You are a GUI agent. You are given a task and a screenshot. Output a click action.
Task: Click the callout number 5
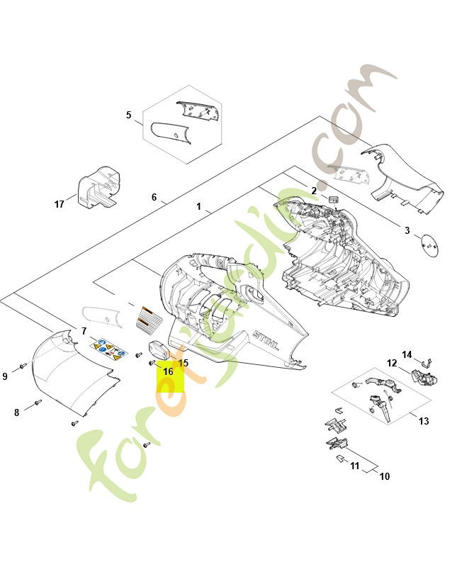pos(129,115)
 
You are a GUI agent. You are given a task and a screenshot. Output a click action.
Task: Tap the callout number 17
pos(60,204)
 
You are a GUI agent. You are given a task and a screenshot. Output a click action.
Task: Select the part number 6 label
pos(154,197)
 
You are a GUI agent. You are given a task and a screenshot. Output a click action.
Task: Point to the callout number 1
pos(199,206)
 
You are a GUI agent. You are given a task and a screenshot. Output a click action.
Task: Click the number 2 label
pos(314,191)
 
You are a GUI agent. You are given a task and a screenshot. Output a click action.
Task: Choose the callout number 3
pos(407,230)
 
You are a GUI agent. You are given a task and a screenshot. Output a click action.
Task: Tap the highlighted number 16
pos(168,371)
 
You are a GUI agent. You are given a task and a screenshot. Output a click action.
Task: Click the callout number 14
pos(407,354)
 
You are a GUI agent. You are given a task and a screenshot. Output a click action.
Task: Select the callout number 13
pos(424,421)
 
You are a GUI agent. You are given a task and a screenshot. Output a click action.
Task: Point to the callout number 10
pos(385,476)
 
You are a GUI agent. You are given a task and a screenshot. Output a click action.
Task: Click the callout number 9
pos(5,376)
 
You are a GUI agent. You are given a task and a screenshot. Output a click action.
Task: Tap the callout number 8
pos(17,412)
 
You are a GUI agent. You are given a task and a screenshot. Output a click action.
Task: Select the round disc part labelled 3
pos(429,245)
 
